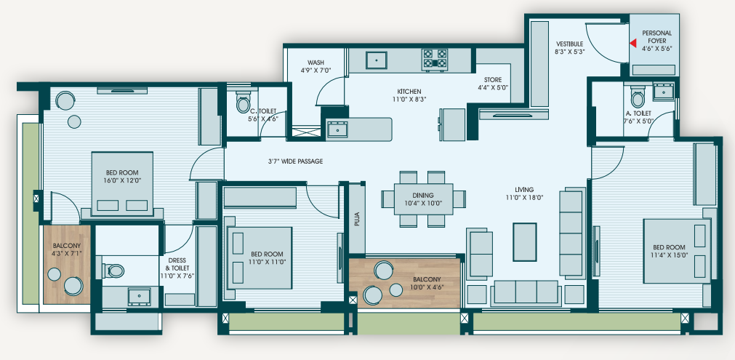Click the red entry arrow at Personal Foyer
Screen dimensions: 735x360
632,44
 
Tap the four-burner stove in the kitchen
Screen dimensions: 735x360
435,60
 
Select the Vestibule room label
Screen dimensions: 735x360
569,48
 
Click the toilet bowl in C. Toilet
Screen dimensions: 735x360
243,103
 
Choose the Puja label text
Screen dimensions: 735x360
357,220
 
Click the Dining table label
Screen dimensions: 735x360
423,199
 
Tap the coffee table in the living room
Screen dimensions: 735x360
525,242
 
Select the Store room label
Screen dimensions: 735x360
493,84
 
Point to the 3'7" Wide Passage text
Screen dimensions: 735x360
295,161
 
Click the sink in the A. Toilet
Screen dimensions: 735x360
664,92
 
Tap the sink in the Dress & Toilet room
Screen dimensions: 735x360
139,297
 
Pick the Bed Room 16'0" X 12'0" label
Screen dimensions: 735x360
122,176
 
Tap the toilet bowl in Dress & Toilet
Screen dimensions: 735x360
113,271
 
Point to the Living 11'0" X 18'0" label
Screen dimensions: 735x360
523,193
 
